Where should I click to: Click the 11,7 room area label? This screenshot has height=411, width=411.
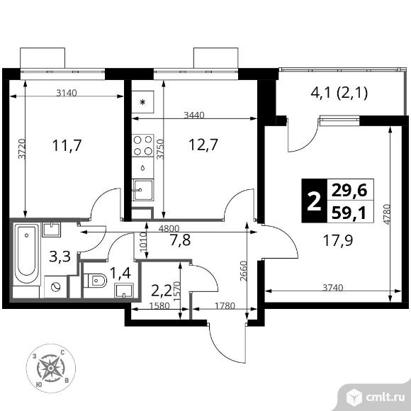point(67,146)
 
